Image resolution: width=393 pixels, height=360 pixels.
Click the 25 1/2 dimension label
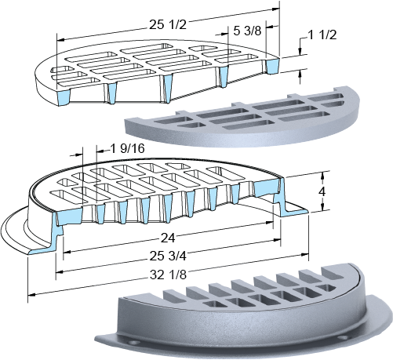coord(168,25)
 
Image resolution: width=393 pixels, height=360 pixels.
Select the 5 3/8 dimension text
coord(247,31)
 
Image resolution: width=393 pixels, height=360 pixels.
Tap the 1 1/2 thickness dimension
coord(322,35)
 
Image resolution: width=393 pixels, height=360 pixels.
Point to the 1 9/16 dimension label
coord(128,149)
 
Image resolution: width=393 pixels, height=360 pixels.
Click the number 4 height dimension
coord(322,191)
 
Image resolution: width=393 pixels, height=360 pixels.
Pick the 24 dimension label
coord(168,238)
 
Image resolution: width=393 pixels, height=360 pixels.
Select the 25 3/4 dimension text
coord(168,256)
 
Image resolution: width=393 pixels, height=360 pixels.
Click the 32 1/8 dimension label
coord(168,275)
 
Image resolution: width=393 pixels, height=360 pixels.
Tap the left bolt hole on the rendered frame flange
coord(135,343)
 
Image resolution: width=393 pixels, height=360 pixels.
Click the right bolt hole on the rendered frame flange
coord(343,337)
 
